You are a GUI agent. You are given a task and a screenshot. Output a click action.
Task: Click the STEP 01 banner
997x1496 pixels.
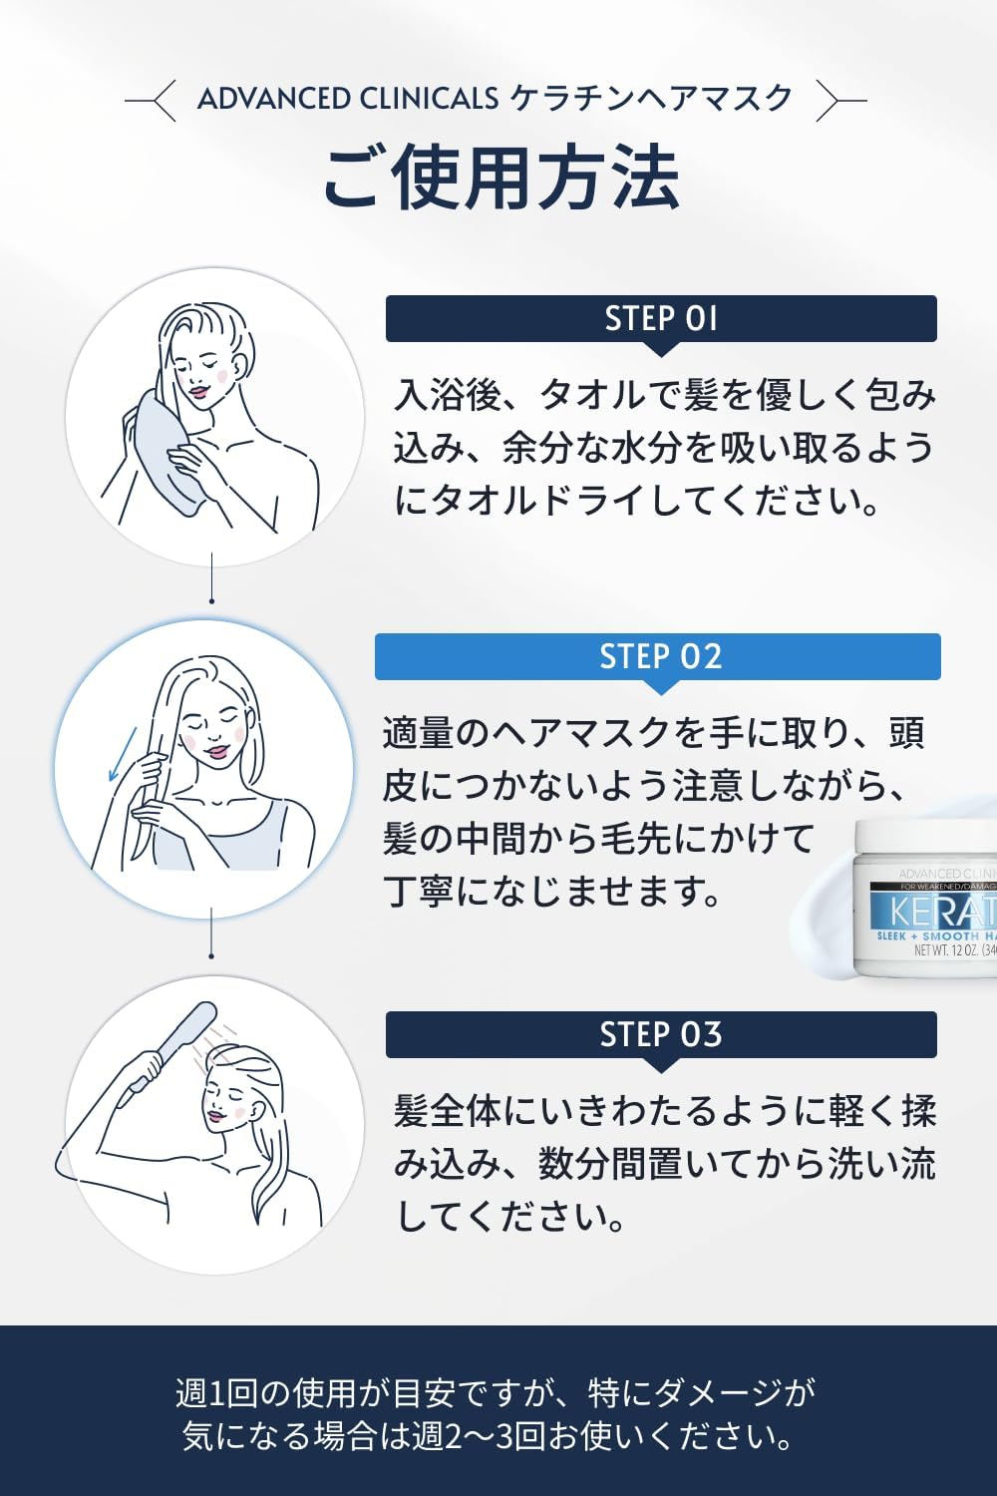pyautogui.click(x=661, y=319)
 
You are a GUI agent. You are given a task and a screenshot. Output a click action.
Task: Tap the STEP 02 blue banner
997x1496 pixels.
pyautogui.click(x=658, y=657)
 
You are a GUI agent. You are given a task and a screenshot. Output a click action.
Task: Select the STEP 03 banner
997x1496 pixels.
pyautogui.click(x=661, y=1034)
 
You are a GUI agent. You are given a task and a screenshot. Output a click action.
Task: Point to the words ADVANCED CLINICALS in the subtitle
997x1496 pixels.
pyautogui.click(x=348, y=99)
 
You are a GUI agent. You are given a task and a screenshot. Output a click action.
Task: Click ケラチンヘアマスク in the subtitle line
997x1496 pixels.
pyautogui.click(x=651, y=99)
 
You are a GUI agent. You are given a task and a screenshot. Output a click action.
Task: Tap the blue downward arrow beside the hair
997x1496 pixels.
pyautogui.click(x=123, y=753)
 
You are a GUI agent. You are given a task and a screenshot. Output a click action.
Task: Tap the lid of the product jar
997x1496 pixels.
pyautogui.click(x=925, y=838)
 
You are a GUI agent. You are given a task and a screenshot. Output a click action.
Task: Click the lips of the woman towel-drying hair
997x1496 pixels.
pyautogui.click(x=198, y=391)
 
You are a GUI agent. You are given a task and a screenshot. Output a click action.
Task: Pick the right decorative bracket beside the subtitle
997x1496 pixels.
pyautogui.click(x=841, y=101)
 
